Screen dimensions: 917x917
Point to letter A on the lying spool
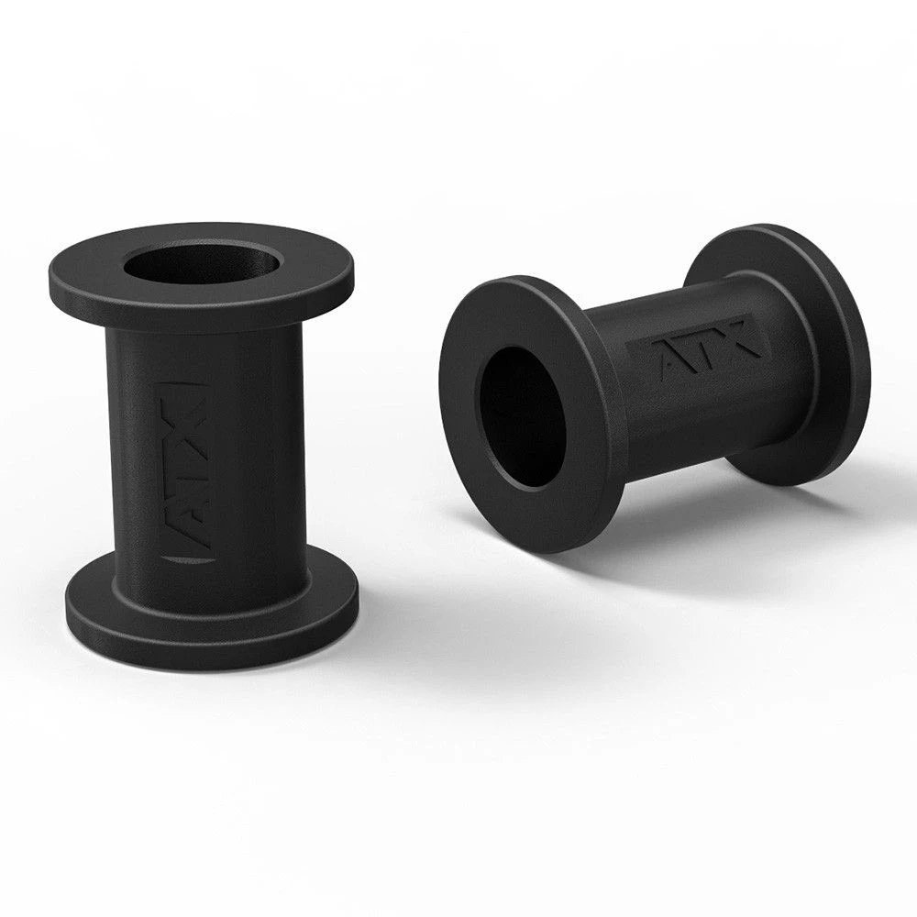click(668, 361)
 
